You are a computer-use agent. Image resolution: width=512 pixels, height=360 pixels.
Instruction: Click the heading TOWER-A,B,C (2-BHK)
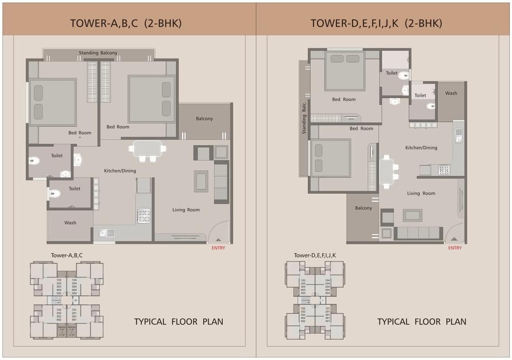(x=125, y=24)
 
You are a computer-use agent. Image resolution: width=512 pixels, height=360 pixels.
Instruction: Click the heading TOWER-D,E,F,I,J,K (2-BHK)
(x=376, y=24)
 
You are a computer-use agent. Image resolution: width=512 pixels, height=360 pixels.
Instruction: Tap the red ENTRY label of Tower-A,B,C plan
(x=218, y=248)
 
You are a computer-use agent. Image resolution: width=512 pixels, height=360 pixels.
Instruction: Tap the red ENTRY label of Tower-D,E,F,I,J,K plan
(x=455, y=248)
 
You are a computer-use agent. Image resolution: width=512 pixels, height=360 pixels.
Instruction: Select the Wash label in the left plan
(x=70, y=223)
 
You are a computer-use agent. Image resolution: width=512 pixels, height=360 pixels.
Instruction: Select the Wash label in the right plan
(x=451, y=93)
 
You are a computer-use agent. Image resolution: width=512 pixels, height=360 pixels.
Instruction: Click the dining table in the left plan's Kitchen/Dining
(x=148, y=149)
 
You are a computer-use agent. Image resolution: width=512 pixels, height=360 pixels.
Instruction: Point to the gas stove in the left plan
(x=144, y=215)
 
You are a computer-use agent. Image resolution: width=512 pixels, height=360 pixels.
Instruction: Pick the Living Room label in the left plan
(x=186, y=210)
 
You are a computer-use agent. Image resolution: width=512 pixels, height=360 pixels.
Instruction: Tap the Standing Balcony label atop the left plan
(x=98, y=53)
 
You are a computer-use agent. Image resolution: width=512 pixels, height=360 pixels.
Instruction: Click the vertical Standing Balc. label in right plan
(x=304, y=118)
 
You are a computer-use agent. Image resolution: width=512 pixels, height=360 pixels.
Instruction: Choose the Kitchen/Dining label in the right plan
(x=421, y=147)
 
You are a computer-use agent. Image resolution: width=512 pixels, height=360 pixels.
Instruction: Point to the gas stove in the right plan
(x=444, y=170)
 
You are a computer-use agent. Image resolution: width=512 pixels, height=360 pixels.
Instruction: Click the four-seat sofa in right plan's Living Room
(x=417, y=233)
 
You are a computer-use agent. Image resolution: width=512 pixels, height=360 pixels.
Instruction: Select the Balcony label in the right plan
(x=364, y=208)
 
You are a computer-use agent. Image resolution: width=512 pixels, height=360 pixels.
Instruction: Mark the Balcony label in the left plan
(x=204, y=118)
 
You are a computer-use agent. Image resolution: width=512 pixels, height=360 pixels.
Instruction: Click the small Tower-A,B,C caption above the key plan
(x=67, y=256)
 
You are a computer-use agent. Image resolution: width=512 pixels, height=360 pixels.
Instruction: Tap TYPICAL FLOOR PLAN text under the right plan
(x=421, y=322)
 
